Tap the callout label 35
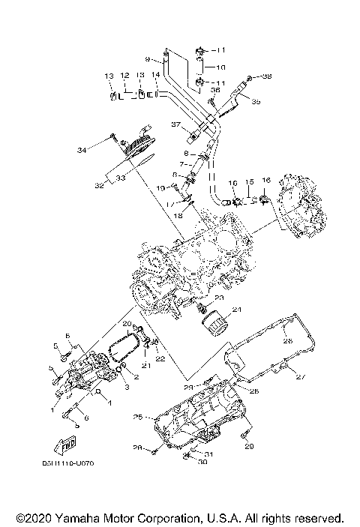pos(256,101)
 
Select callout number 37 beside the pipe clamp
pos(177,124)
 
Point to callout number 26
pos(287,341)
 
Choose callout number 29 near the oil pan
pos(249,447)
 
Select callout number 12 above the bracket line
pos(124,76)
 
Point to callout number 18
pos(178,215)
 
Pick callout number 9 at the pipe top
pos(148,58)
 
